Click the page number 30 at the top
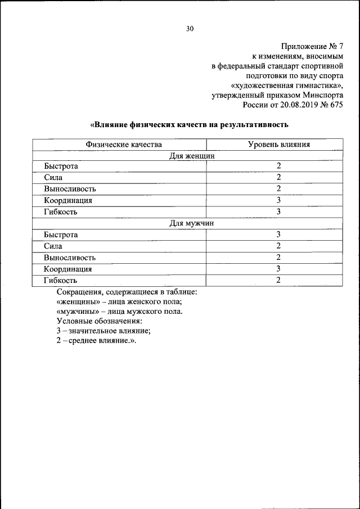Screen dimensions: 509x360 click(x=190, y=29)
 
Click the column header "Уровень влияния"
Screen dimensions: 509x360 click(x=279, y=145)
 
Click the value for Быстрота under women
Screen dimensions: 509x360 click(x=278, y=166)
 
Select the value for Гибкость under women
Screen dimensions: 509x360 click(x=278, y=212)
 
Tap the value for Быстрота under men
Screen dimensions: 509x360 click(x=278, y=235)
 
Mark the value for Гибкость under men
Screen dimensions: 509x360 click(x=278, y=280)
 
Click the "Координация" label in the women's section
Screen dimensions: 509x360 click(x=68, y=201)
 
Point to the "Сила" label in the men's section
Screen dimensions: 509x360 click(x=53, y=246)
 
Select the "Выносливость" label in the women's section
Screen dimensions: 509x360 click(x=70, y=189)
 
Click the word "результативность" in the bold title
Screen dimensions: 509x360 click(x=255, y=124)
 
